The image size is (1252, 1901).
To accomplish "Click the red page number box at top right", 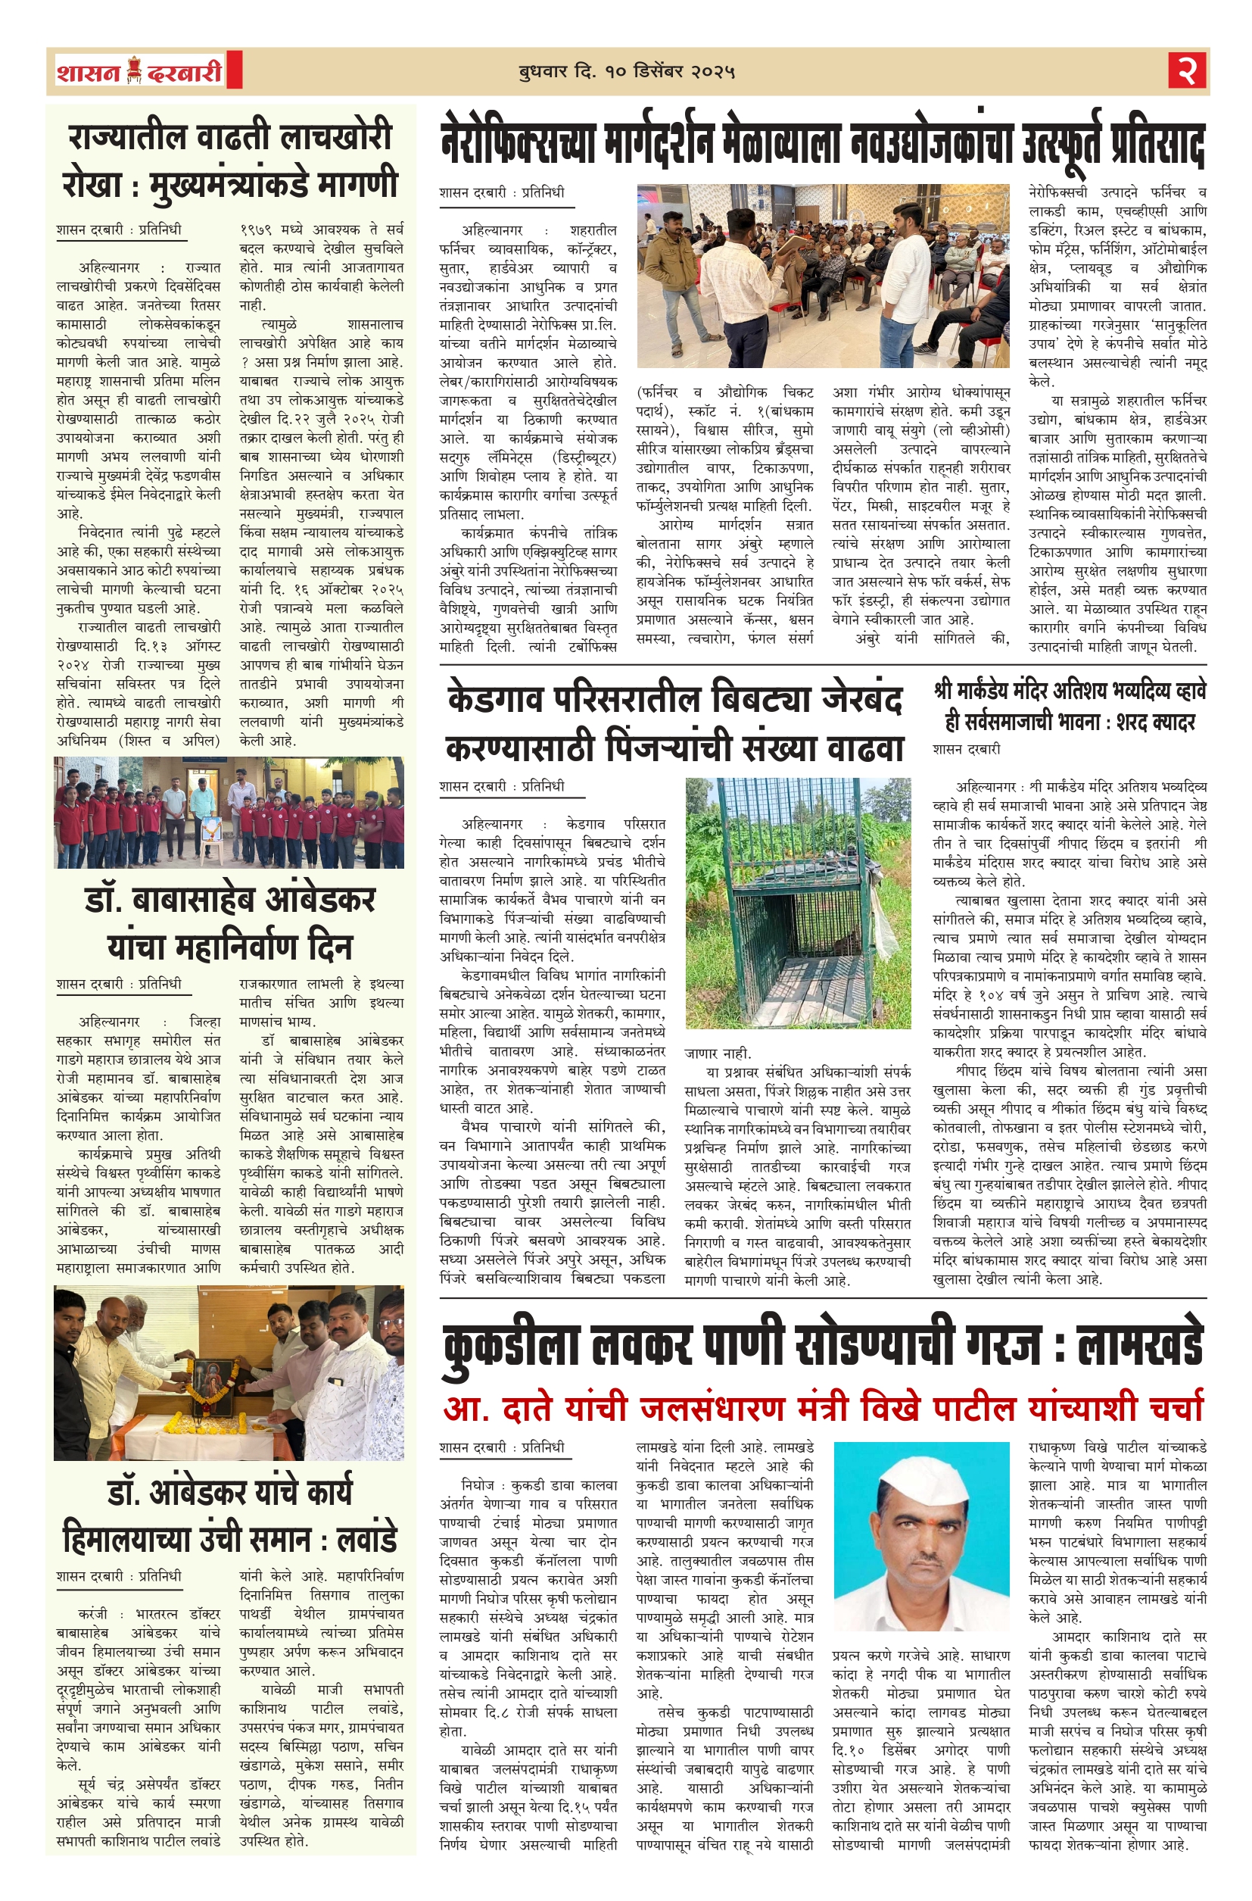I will point(1188,71).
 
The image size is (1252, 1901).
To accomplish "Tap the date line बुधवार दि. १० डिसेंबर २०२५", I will point(626,72).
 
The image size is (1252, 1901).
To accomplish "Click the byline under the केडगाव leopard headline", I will point(501,786).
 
